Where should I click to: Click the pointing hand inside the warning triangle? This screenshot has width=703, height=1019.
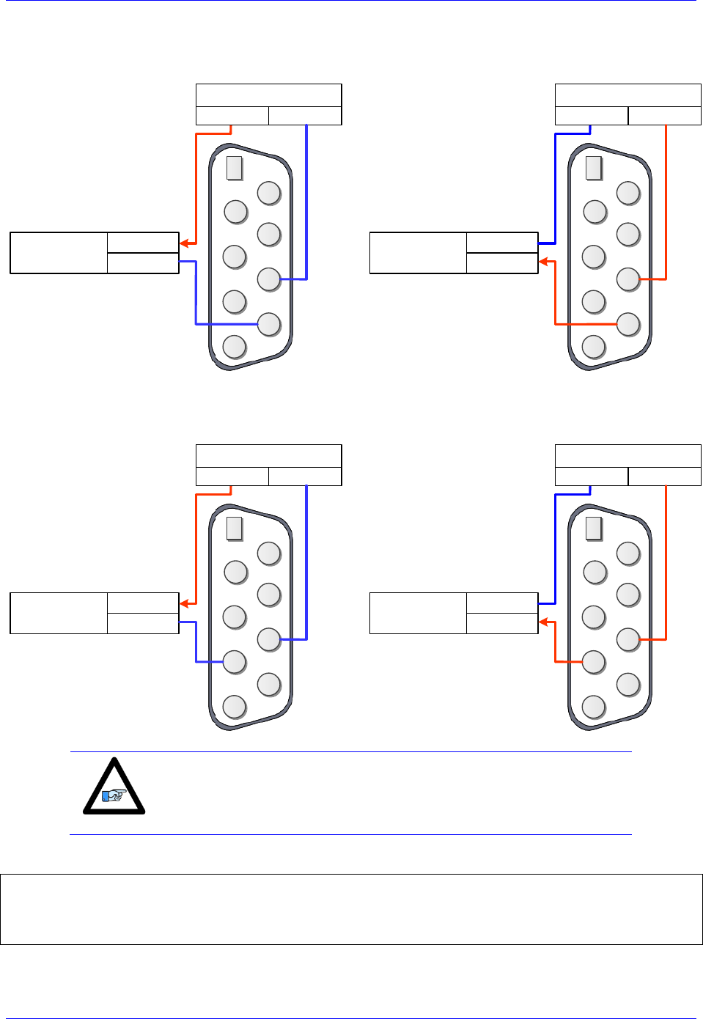pos(114,794)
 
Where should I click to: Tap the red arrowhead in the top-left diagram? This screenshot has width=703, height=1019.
pos(185,243)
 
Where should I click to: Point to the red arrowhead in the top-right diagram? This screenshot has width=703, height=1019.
pos(544,262)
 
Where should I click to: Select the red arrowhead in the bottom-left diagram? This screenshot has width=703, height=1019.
pos(185,603)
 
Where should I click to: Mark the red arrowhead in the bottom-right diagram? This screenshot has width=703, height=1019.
pos(544,622)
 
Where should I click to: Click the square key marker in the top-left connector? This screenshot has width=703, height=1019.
pos(235,168)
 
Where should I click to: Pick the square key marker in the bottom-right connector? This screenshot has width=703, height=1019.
pos(594,528)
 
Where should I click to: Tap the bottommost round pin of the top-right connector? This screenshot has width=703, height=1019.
pos(594,346)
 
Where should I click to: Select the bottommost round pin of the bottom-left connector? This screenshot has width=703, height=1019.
pos(235,706)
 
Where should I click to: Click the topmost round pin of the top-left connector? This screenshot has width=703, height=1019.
pos(269,193)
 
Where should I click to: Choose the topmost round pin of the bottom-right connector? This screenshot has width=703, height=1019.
pos(628,553)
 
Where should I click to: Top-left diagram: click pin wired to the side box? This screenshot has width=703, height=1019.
pos(269,324)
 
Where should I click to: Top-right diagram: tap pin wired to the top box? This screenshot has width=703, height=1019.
pos(628,279)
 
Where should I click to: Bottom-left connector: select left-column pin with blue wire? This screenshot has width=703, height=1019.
pos(235,661)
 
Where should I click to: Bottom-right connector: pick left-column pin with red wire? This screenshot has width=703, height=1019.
pos(594,661)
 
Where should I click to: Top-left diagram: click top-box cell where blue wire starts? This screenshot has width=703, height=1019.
pos(305,116)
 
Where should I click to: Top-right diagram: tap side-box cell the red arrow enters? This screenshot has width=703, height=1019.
pos(502,263)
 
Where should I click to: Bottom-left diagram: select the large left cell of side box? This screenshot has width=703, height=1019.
pos(59,613)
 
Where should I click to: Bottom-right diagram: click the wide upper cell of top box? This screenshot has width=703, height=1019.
pos(628,455)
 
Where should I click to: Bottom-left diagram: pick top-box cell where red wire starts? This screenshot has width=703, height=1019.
pos(232,477)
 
